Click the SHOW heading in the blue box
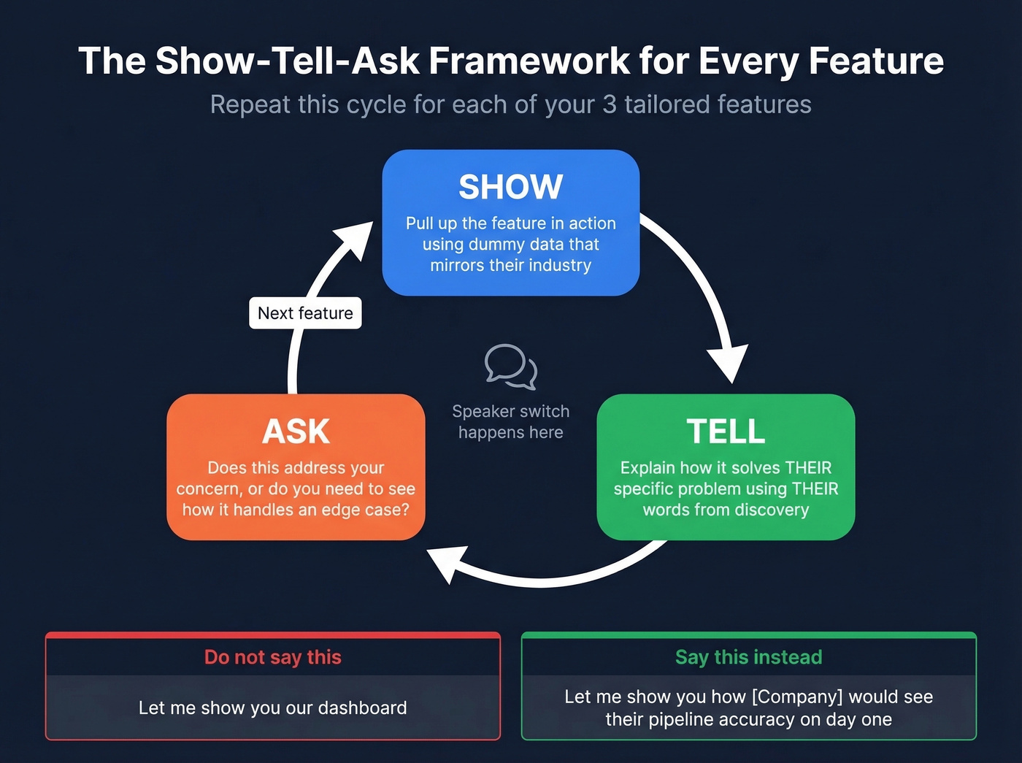tap(510, 187)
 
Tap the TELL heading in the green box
tap(726, 432)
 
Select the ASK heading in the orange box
tap(296, 432)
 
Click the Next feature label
tap(305, 313)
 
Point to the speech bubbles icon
tap(510, 366)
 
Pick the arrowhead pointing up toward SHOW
tap(356, 239)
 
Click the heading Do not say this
tap(272, 657)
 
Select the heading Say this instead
tap(748, 657)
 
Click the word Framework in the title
tap(529, 61)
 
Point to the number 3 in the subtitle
tap(609, 104)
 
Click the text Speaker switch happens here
tap(510, 422)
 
